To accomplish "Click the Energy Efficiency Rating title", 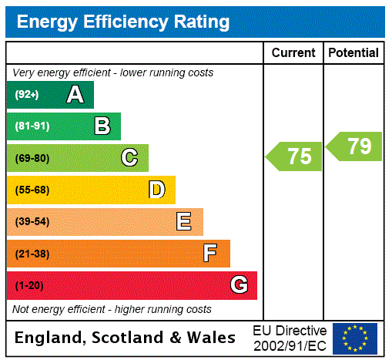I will pyautogui.click(x=123, y=22).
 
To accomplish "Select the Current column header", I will pyautogui.click(x=293, y=53).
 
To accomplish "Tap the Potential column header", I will pyautogui.click(x=353, y=53).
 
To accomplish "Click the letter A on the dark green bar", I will pyautogui.click(x=75, y=95).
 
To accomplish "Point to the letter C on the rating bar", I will pyautogui.click(x=129, y=158).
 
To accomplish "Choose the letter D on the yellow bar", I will pyautogui.click(x=156, y=190).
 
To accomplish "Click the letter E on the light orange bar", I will pyautogui.click(x=184, y=222).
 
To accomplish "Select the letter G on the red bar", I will pyautogui.click(x=239, y=285).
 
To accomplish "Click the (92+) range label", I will pyautogui.click(x=27, y=95).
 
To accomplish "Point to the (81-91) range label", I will pyautogui.click(x=32, y=126).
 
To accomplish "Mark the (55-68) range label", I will pyautogui.click(x=32, y=190).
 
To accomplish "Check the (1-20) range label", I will pyautogui.click(x=29, y=286).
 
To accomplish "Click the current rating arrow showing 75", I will pyautogui.click(x=294, y=156).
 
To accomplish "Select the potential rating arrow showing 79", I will pyautogui.click(x=354, y=146).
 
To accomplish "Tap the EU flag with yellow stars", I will pyautogui.click(x=354, y=338).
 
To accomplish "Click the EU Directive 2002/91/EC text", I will pyautogui.click(x=290, y=338).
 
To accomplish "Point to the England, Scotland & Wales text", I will pyautogui.click(x=126, y=338).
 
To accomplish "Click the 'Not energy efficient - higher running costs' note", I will pyautogui.click(x=112, y=309).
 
